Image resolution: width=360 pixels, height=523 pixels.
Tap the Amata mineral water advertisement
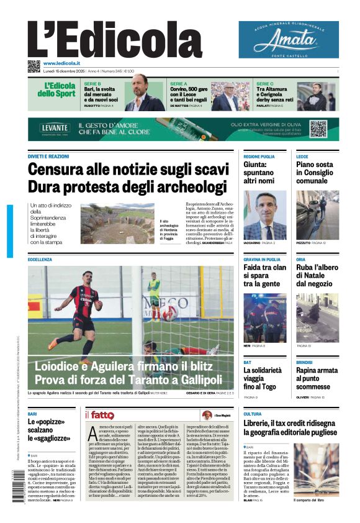(289, 40)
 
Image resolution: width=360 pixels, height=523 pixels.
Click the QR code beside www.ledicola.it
(34, 66)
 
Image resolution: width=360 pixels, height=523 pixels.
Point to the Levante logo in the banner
(55, 129)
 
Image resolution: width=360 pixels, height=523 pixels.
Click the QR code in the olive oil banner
(318, 129)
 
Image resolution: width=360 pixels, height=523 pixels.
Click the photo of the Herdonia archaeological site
(117, 224)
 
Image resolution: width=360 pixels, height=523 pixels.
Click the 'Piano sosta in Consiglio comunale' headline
(315, 173)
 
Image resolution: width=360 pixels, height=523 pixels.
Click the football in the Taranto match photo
(169, 312)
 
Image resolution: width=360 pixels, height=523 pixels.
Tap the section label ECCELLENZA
(40, 259)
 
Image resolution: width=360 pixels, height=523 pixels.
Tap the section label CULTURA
(252, 414)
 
